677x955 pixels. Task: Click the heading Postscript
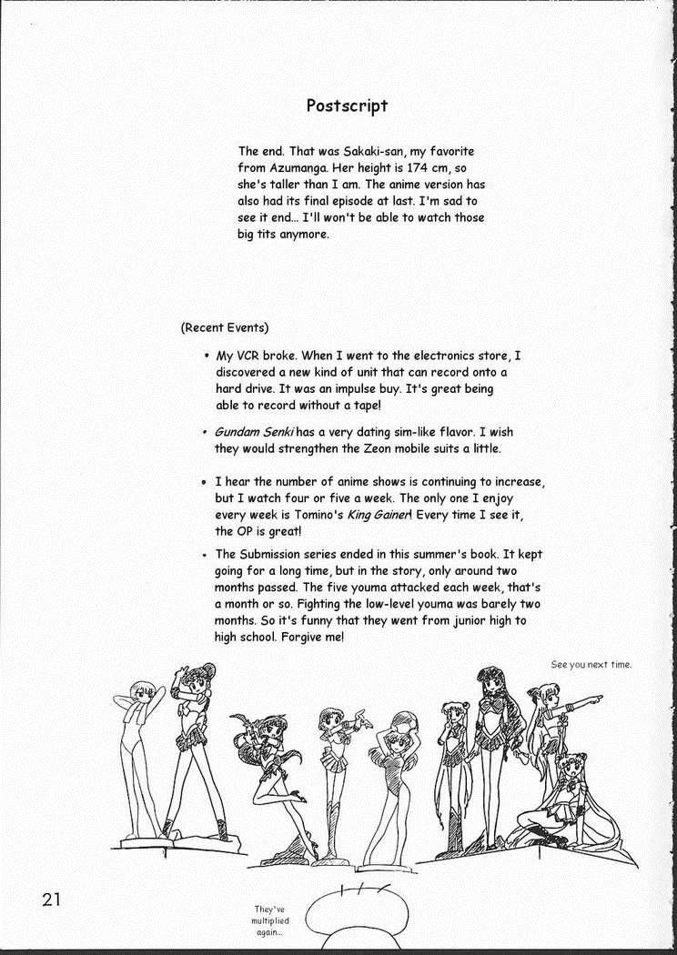pos(347,106)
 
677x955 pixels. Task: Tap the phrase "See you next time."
pos(591,664)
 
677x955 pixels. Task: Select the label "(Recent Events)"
pos(225,327)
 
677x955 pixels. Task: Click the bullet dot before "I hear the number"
pos(205,482)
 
